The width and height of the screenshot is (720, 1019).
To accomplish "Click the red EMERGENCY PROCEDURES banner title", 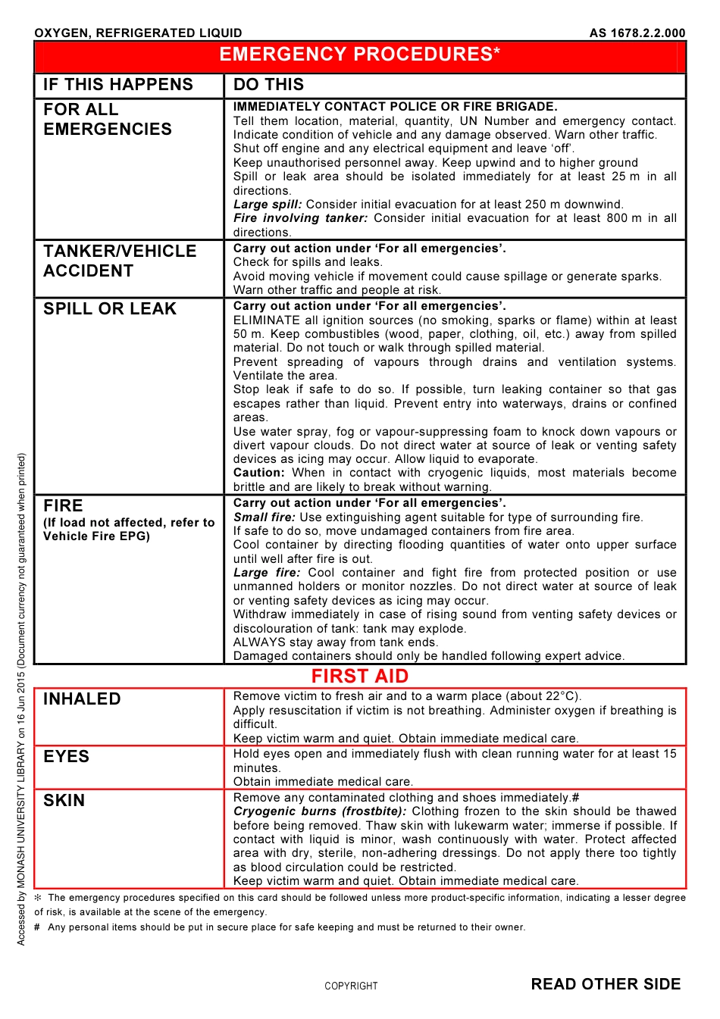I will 359,55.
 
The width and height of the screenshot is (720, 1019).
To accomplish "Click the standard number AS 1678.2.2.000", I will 637,33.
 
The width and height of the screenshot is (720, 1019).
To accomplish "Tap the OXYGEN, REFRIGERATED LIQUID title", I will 138,33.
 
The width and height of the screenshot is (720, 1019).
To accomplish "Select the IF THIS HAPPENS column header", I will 118,85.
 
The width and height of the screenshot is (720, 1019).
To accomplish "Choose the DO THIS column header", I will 268,85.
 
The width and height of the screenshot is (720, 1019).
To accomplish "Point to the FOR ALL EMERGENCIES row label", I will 108,120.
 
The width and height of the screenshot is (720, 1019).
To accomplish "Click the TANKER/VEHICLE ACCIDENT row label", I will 120,261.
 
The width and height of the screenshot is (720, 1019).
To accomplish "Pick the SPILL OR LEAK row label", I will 110,309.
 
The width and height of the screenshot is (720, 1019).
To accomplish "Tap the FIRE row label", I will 63,506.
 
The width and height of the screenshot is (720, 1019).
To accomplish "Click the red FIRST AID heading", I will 359,676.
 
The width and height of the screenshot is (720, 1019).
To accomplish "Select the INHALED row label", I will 82,699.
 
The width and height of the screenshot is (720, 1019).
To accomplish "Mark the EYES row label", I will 66,757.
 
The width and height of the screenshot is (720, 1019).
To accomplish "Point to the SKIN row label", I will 64,801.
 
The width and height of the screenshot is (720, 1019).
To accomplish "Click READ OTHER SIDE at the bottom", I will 606,984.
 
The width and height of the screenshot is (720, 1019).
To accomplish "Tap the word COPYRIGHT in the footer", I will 351,986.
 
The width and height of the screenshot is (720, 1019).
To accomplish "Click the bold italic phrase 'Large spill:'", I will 268,205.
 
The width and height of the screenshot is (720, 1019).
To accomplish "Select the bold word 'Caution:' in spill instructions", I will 258,473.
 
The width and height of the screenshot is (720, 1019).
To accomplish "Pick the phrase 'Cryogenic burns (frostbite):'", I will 319,811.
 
